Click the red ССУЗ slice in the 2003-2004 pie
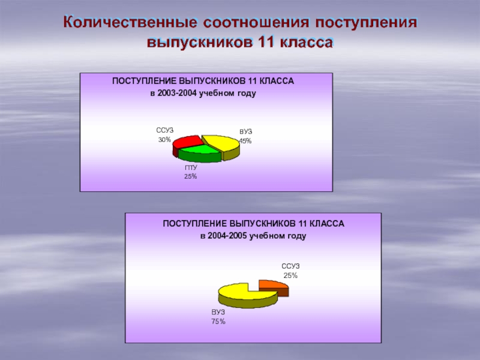(x=187, y=142)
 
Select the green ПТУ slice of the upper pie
(x=200, y=153)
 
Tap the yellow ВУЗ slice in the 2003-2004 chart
(x=222, y=144)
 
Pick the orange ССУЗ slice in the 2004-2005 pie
(x=274, y=287)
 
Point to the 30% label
(x=164, y=140)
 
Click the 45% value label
(x=245, y=141)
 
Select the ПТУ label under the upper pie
(x=191, y=168)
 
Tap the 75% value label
(x=218, y=322)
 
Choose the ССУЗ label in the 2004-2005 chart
(x=290, y=266)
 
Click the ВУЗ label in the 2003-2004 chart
(x=246, y=131)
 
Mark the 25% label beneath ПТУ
(x=190, y=176)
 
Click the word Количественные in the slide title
(x=130, y=22)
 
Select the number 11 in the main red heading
(x=266, y=42)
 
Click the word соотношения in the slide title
(x=256, y=23)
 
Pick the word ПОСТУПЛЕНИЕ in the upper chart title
(x=144, y=81)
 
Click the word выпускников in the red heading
(x=200, y=43)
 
